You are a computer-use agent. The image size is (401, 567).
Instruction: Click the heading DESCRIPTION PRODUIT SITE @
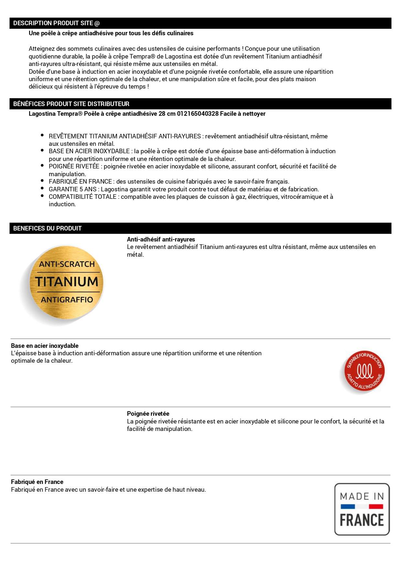tap(56, 23)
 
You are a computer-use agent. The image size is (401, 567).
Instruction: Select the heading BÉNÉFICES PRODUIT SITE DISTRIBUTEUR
tap(71, 104)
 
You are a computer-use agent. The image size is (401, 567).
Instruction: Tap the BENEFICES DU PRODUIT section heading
tap(47, 229)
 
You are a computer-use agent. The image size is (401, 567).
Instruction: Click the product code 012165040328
tap(198, 114)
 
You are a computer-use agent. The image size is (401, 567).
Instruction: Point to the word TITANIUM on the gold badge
tap(67, 282)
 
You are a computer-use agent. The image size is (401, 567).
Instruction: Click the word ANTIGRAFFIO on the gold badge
tap(67, 300)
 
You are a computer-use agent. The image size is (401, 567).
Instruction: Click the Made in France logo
tap(362, 509)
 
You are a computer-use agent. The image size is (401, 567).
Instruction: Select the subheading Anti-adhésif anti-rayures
tap(161, 240)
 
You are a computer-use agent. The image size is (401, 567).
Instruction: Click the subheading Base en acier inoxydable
tap(45, 346)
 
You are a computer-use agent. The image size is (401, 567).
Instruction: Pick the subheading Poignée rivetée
tap(148, 414)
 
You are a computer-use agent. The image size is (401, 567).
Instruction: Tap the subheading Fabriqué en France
tap(37, 482)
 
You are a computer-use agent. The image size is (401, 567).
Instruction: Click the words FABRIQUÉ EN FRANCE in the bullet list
tap(80, 182)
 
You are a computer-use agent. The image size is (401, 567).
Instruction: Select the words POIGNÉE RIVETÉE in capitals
tap(74, 166)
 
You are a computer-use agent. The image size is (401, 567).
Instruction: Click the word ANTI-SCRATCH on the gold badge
tap(67, 264)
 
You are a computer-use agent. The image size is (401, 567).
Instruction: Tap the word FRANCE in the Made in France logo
tap(362, 520)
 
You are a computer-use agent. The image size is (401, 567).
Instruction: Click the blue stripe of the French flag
tap(348, 507)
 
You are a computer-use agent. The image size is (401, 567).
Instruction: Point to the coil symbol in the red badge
tap(364, 371)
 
